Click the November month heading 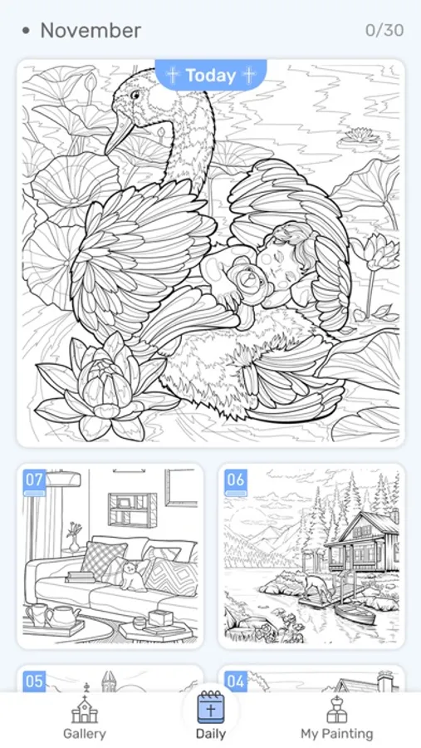pyautogui.click(x=91, y=31)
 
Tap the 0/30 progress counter pyautogui.click(x=384, y=31)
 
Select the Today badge pyautogui.click(x=211, y=75)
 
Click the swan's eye pyautogui.click(x=135, y=95)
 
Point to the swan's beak pyautogui.click(x=120, y=133)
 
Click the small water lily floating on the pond pyautogui.click(x=359, y=137)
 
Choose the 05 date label pyautogui.click(x=34, y=682)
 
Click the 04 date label pyautogui.click(x=236, y=682)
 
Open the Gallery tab pyautogui.click(x=85, y=718)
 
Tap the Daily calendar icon pyautogui.click(x=211, y=708)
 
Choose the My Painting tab pyautogui.click(x=337, y=718)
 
